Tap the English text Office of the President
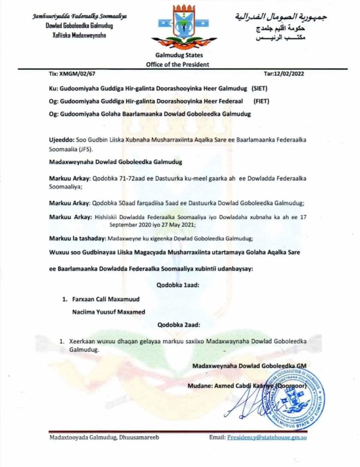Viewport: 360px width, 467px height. coord(177,64)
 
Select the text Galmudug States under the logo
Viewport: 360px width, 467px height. coord(177,55)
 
